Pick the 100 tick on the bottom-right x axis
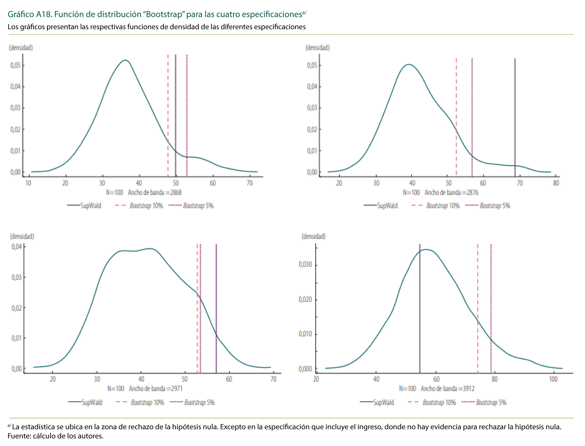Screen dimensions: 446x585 pos(553,379)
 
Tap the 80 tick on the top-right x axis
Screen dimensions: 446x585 pos(556,183)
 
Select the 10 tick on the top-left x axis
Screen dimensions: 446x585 pos(28,183)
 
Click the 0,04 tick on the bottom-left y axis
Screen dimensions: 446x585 pos(16,247)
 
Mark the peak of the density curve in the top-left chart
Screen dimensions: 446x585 pos(125,60)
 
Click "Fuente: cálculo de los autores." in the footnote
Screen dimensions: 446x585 pos(55,436)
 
